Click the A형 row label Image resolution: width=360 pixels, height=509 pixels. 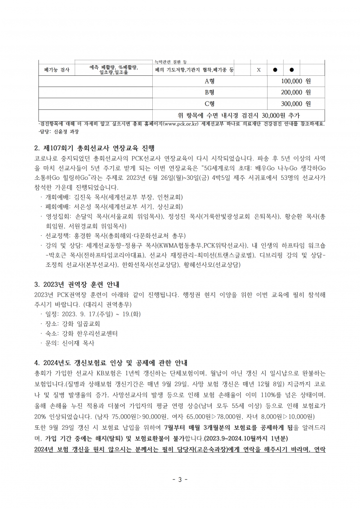tap(210, 81)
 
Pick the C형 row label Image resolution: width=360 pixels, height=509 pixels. tap(210, 104)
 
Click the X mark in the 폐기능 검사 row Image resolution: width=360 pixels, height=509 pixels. tap(259, 70)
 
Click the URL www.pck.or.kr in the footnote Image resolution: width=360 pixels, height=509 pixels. tap(181, 123)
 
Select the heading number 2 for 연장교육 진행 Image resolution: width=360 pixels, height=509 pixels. tap(37, 148)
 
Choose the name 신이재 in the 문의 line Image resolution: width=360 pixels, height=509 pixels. tap(71, 343)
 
